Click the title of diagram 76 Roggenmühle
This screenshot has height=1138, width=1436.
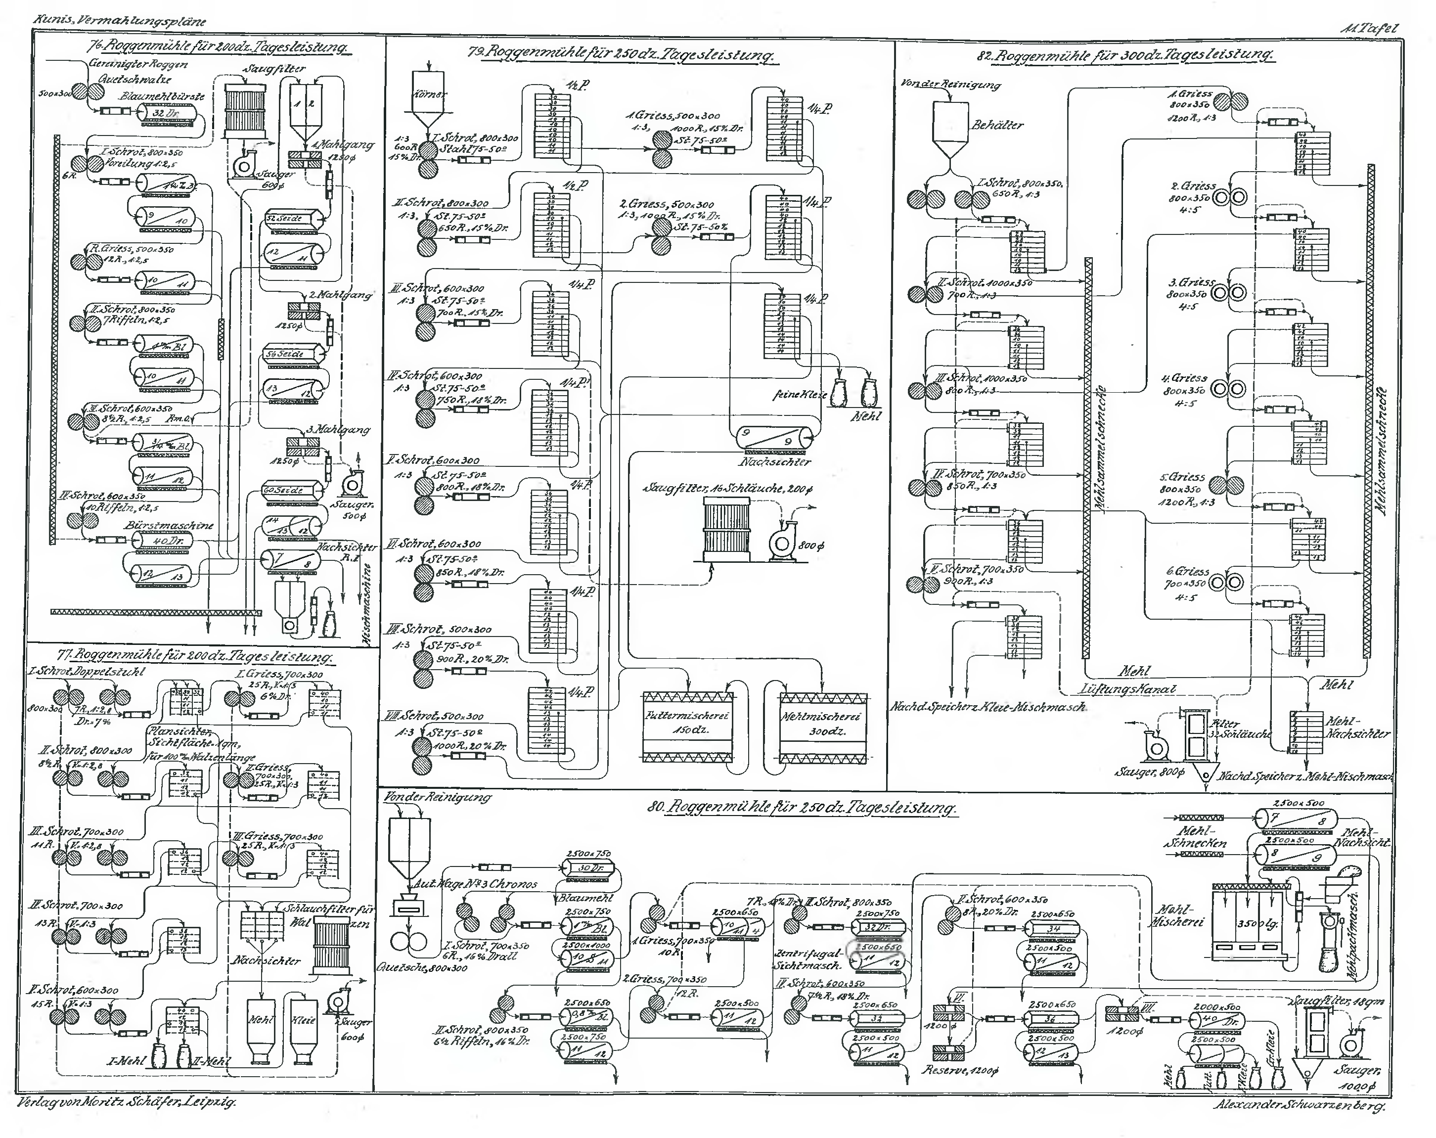[x=219, y=47]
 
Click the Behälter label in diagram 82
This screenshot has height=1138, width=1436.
[x=997, y=125]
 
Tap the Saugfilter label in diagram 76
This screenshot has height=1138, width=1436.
[x=274, y=69]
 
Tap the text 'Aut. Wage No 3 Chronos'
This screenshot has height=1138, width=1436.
[x=476, y=884]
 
